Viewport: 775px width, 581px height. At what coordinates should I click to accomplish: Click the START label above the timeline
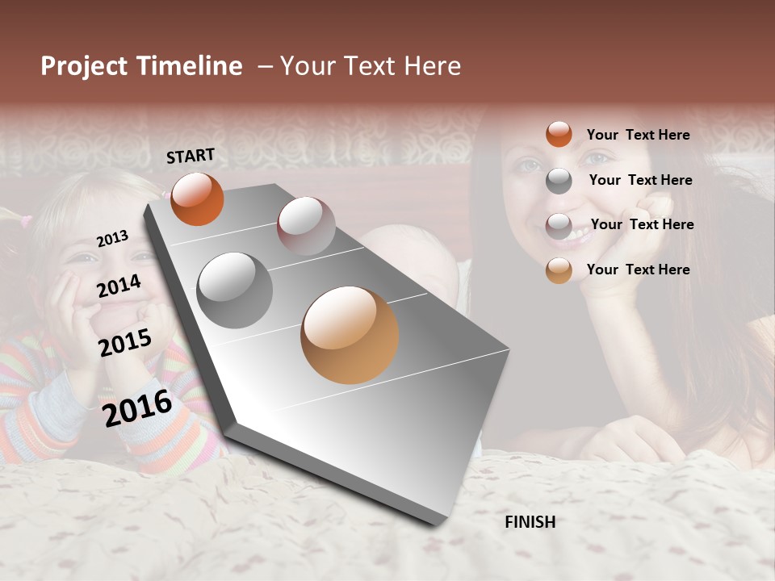coord(191,156)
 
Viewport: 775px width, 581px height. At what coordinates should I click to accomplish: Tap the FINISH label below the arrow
coord(530,522)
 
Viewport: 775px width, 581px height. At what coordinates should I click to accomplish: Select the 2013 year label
coord(112,238)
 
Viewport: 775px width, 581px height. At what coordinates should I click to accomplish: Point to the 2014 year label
coord(119,286)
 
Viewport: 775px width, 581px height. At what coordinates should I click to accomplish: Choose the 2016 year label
coord(137,408)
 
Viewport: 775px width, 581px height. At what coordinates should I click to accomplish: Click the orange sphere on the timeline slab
coord(197,199)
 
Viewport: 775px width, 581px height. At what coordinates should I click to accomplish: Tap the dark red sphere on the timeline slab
coord(306,226)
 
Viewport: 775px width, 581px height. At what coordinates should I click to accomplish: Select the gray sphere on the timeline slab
coord(235,290)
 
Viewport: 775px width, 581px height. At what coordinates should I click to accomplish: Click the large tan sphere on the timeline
coord(350,335)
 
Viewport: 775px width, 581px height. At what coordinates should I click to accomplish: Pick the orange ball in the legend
coord(559,134)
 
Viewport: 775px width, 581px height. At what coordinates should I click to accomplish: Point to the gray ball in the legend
coord(559,181)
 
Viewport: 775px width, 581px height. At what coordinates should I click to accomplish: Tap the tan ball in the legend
coord(559,270)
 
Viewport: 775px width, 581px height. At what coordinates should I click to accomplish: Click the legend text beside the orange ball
coord(638,135)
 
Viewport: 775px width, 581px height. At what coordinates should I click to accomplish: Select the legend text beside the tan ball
coord(638,270)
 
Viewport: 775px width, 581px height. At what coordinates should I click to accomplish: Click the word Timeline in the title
coord(190,66)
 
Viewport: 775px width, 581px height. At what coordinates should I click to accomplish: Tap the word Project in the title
coord(84,66)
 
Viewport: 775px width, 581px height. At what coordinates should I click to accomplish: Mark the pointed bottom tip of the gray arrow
coord(438,524)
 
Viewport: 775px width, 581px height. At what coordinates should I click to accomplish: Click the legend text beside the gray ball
coord(640,180)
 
